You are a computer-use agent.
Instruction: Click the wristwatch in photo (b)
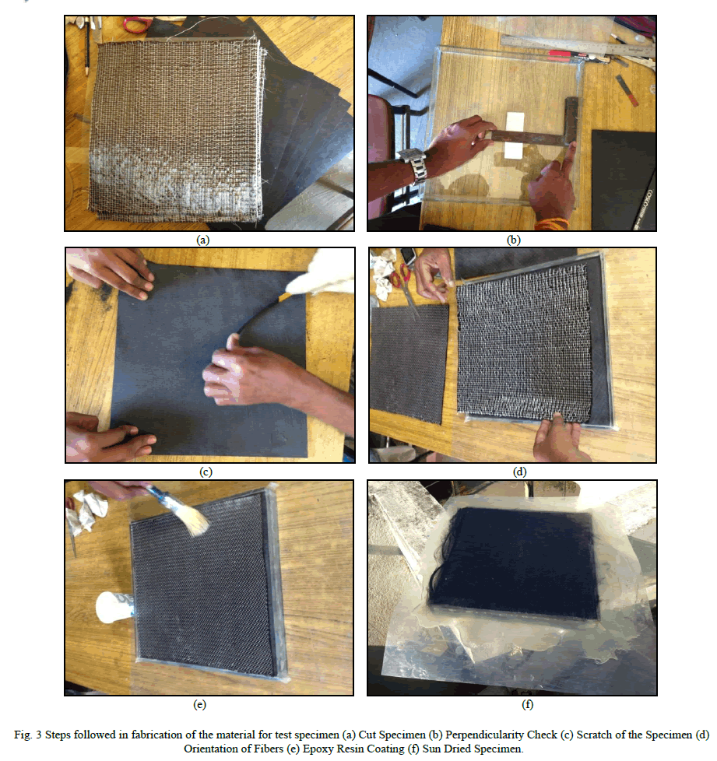(x=413, y=165)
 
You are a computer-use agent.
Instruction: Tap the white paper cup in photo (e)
(x=114, y=607)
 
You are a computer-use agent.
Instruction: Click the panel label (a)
(x=202, y=240)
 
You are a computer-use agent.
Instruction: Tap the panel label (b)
(x=513, y=240)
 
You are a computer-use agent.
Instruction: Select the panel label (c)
(x=206, y=472)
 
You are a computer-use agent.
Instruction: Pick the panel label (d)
(x=519, y=472)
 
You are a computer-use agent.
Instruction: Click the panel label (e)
(x=199, y=704)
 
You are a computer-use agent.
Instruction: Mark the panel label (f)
(x=527, y=704)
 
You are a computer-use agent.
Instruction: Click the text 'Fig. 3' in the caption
(x=28, y=735)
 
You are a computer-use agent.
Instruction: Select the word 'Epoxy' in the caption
(x=316, y=749)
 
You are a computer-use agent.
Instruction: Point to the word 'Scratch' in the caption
(x=595, y=735)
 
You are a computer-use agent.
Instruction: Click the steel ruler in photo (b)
(x=578, y=46)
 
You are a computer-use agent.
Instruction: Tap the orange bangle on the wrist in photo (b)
(x=552, y=224)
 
